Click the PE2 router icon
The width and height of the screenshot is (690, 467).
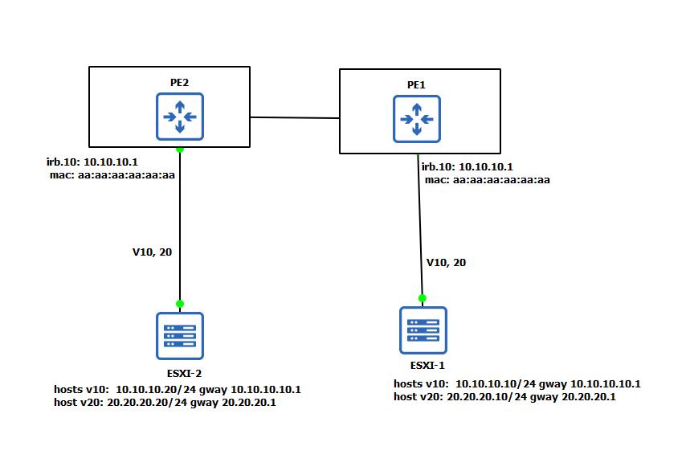pyautogui.click(x=180, y=117)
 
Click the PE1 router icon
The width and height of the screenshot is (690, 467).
pyautogui.click(x=416, y=119)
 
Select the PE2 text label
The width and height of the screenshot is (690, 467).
pyautogui.click(x=179, y=82)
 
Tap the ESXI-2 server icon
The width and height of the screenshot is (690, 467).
pyautogui.click(x=180, y=335)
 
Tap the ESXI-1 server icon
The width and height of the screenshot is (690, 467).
pyautogui.click(x=423, y=330)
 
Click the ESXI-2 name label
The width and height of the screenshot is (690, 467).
pyautogui.click(x=181, y=373)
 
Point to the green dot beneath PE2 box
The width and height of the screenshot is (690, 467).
pyautogui.click(x=180, y=150)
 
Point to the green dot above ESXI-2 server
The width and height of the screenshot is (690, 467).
pyautogui.click(x=180, y=304)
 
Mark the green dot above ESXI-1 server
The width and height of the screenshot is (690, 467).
pyautogui.click(x=423, y=298)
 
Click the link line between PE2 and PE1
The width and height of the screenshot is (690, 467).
pyautogui.click(x=295, y=117)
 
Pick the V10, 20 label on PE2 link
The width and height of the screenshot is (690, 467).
pyautogui.click(x=152, y=252)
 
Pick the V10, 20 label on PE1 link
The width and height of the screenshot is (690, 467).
pyautogui.click(x=446, y=262)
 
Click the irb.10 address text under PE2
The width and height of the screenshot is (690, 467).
pyautogui.click(x=92, y=162)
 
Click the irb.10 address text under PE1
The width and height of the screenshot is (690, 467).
pyautogui.click(x=467, y=167)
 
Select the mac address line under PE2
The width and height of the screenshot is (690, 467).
pyautogui.click(x=112, y=174)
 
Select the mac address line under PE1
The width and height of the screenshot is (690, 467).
pyautogui.click(x=487, y=180)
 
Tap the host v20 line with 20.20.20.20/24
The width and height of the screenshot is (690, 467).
pyautogui.click(x=164, y=402)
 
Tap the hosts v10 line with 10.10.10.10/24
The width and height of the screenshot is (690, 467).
pyautogui.click(x=516, y=384)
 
